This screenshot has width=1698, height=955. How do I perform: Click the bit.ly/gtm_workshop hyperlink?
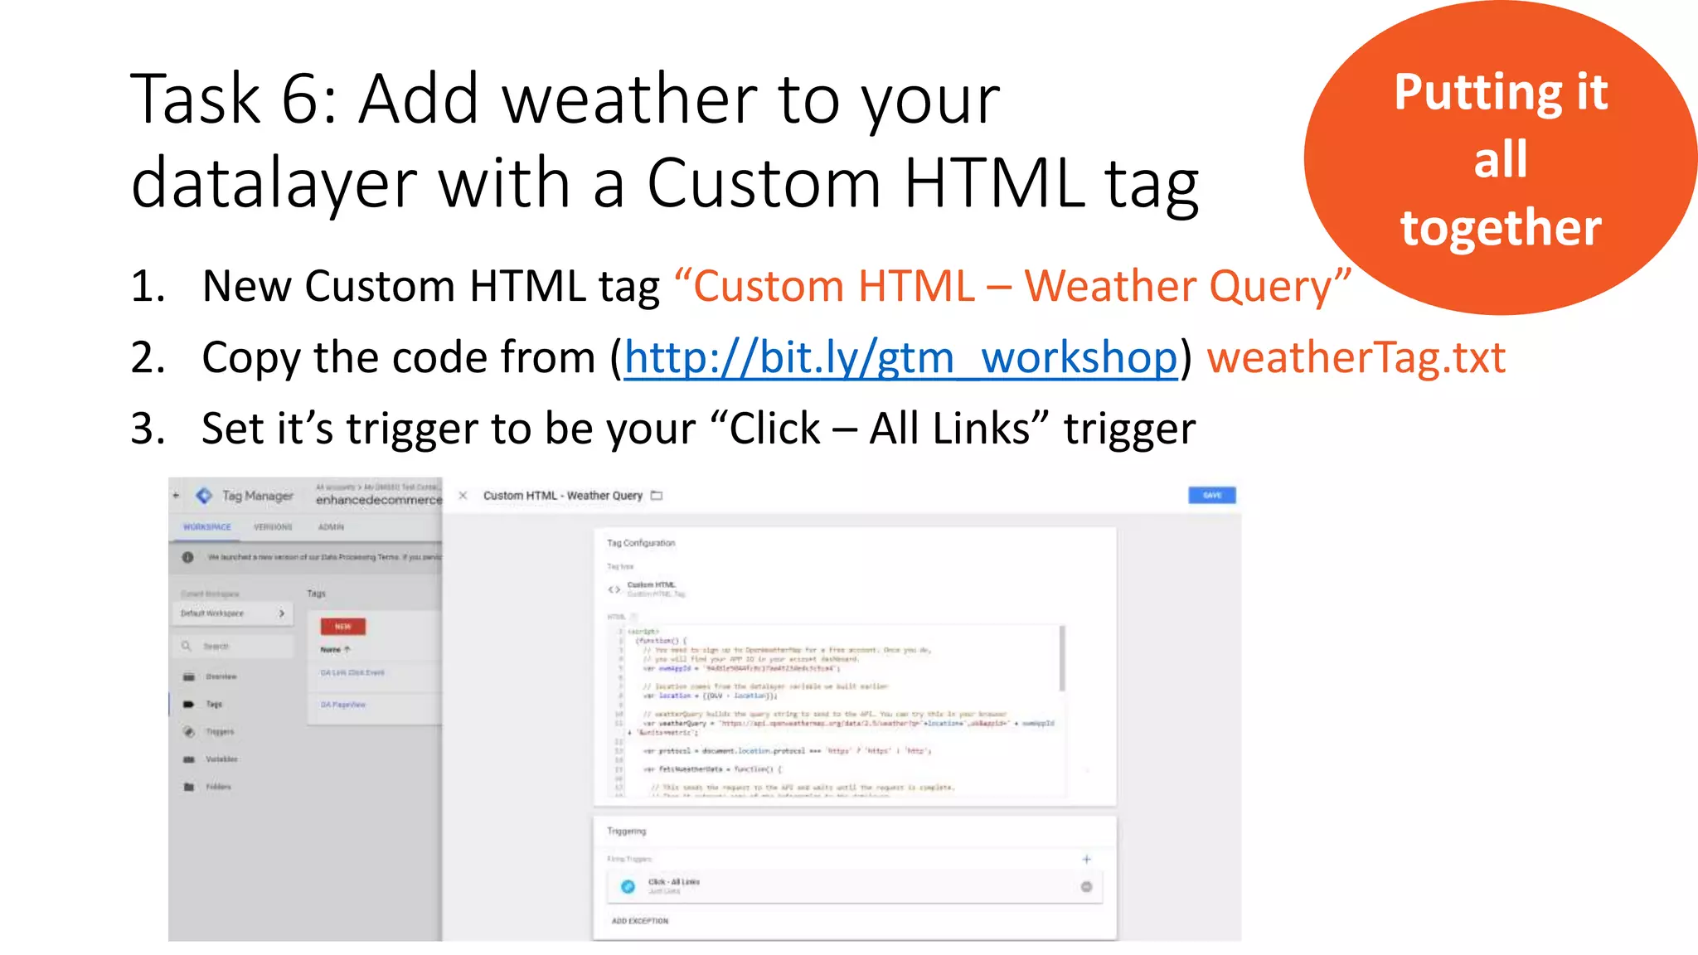click(900, 358)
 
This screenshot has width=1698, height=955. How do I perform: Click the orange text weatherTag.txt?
click(1356, 358)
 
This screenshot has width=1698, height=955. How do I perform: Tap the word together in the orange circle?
click(1501, 228)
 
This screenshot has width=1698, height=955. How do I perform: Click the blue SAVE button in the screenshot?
click(1211, 495)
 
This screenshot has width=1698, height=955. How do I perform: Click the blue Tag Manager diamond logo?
click(204, 496)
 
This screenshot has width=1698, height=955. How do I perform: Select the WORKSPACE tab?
click(207, 527)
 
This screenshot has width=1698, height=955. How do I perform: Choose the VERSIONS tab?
click(273, 527)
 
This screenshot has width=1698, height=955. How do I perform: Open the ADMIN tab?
click(331, 527)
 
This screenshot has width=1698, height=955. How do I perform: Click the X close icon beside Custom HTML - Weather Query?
click(463, 496)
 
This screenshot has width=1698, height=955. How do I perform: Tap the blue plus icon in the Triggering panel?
click(1086, 860)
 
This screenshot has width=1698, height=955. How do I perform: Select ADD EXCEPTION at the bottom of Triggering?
click(639, 921)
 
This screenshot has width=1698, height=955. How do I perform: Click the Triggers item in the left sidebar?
click(220, 732)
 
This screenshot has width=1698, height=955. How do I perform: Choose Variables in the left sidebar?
click(221, 759)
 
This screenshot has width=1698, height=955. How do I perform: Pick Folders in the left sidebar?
click(218, 787)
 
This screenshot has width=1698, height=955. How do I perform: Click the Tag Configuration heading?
click(641, 543)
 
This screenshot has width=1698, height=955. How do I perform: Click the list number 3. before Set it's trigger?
click(148, 429)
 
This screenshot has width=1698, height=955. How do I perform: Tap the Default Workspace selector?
click(232, 613)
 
